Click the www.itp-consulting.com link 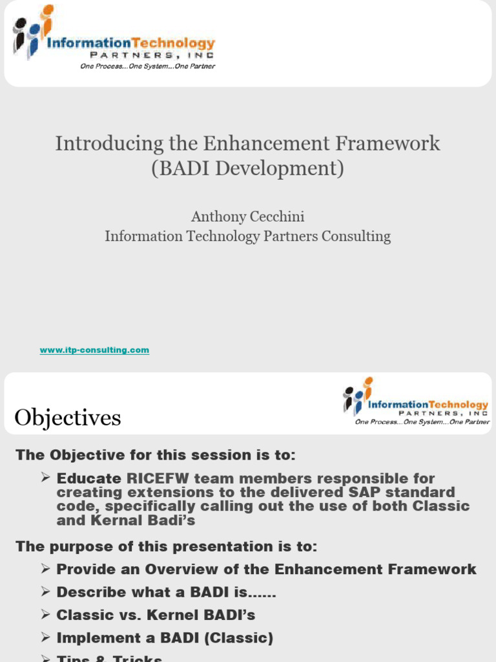click(94, 350)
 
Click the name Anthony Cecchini click(247, 217)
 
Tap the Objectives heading click(68, 418)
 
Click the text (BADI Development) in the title click(247, 168)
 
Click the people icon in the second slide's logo click(358, 395)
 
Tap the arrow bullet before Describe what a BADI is click(45, 592)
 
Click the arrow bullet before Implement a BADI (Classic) click(45, 637)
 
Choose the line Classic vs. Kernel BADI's click(156, 615)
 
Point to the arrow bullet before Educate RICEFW click(45, 478)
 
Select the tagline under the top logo click(147, 66)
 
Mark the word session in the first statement click(205, 454)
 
